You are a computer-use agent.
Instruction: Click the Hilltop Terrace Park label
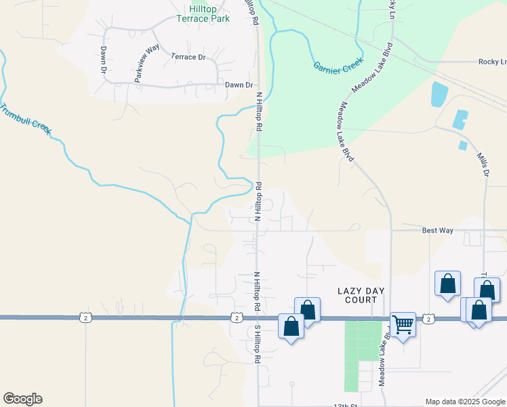[203, 14]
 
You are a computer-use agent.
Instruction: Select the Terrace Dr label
[188, 57]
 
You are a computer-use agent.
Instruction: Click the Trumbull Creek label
[26, 118]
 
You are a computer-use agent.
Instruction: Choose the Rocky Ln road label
[492, 61]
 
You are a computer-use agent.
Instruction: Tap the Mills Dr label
[482, 165]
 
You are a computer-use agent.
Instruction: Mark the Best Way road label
[437, 231]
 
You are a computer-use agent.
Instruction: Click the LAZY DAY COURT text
[361, 295]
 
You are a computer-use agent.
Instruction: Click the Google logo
[22, 399]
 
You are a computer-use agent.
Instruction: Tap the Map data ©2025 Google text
[465, 402]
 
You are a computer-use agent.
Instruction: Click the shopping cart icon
[403, 326]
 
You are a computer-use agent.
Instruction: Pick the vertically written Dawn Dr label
[104, 60]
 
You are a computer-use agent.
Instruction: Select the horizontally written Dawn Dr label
[239, 85]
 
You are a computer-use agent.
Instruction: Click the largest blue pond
[439, 94]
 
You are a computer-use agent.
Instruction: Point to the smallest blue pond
[463, 145]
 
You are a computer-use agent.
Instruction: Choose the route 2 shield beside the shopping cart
[428, 318]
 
